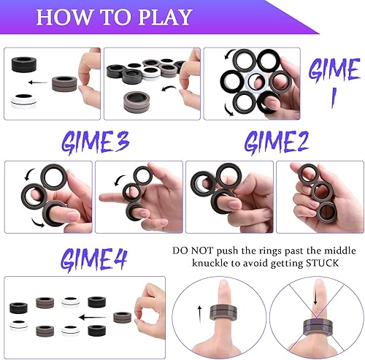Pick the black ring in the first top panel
click(26, 65)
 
